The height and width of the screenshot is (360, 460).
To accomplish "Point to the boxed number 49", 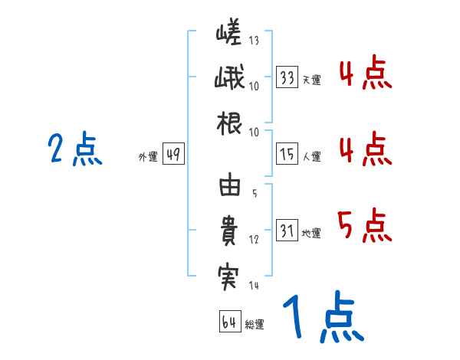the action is [x=173, y=155].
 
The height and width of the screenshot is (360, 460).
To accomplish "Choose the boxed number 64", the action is [x=230, y=322].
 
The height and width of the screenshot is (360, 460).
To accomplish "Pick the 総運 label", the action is [x=255, y=324].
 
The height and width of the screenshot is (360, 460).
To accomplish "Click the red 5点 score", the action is [x=364, y=224].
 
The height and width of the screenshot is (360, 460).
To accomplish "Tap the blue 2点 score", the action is [x=75, y=149].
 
